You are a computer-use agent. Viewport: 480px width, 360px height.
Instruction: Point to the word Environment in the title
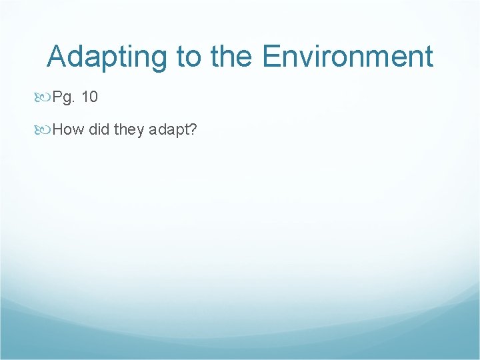click(347, 57)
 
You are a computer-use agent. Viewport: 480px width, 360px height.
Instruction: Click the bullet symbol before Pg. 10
click(41, 97)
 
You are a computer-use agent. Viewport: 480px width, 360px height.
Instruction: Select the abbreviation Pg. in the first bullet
click(63, 98)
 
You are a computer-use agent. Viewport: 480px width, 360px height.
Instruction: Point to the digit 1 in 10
click(85, 97)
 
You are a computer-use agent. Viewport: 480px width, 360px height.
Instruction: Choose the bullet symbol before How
click(41, 129)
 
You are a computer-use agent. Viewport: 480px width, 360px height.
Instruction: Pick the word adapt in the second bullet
click(169, 130)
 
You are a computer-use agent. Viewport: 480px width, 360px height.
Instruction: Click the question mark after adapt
click(192, 129)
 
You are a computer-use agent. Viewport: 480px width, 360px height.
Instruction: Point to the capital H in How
click(57, 129)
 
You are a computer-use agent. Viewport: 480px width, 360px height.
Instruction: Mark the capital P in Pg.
click(57, 97)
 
